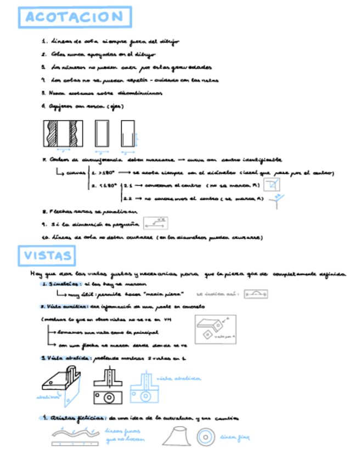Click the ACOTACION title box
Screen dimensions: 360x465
click(x=75, y=17)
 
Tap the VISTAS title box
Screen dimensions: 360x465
click(x=48, y=255)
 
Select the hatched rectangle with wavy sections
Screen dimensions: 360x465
click(x=62, y=133)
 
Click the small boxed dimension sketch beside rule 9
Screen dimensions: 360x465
click(x=155, y=223)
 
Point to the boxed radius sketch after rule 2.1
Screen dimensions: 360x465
click(x=270, y=184)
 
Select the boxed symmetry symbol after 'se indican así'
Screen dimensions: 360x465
click(x=255, y=294)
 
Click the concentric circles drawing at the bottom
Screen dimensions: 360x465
click(x=206, y=437)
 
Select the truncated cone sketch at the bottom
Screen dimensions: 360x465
click(x=176, y=436)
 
